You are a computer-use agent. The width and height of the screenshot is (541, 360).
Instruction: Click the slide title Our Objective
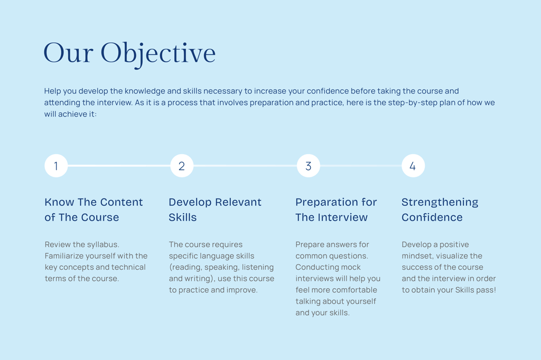[129, 53]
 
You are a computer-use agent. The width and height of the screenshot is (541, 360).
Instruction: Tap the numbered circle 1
[56, 166]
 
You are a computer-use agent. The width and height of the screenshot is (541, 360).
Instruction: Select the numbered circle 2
[182, 166]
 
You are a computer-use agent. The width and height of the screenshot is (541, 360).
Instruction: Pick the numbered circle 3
[309, 166]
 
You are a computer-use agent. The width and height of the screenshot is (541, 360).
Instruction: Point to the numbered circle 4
[413, 166]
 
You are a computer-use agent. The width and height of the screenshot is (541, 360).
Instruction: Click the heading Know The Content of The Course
[94, 210]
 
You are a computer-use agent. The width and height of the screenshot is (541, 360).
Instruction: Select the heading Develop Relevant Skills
[215, 210]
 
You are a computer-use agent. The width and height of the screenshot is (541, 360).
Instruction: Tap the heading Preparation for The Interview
[336, 210]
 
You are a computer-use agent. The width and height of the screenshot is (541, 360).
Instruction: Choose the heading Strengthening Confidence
[440, 210]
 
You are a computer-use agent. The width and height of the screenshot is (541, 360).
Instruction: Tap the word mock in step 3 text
[350, 267]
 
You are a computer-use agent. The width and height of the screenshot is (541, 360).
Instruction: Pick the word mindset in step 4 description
[417, 256]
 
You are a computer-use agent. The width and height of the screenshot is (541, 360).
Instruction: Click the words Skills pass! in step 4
[475, 290]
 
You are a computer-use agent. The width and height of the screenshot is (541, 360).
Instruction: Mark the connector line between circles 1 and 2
[119, 166]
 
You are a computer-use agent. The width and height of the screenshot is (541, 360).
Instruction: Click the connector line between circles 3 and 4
[360, 166]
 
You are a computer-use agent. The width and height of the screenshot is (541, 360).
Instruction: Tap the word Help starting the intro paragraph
[52, 91]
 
